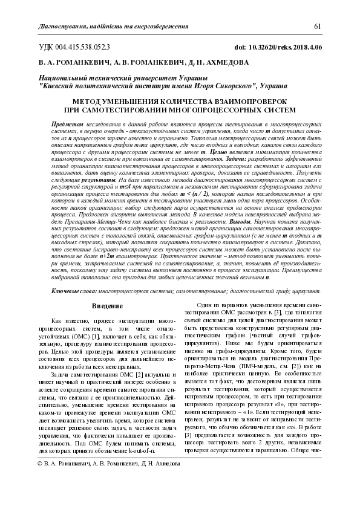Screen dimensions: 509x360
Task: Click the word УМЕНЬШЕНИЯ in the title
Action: coord(139,102)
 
